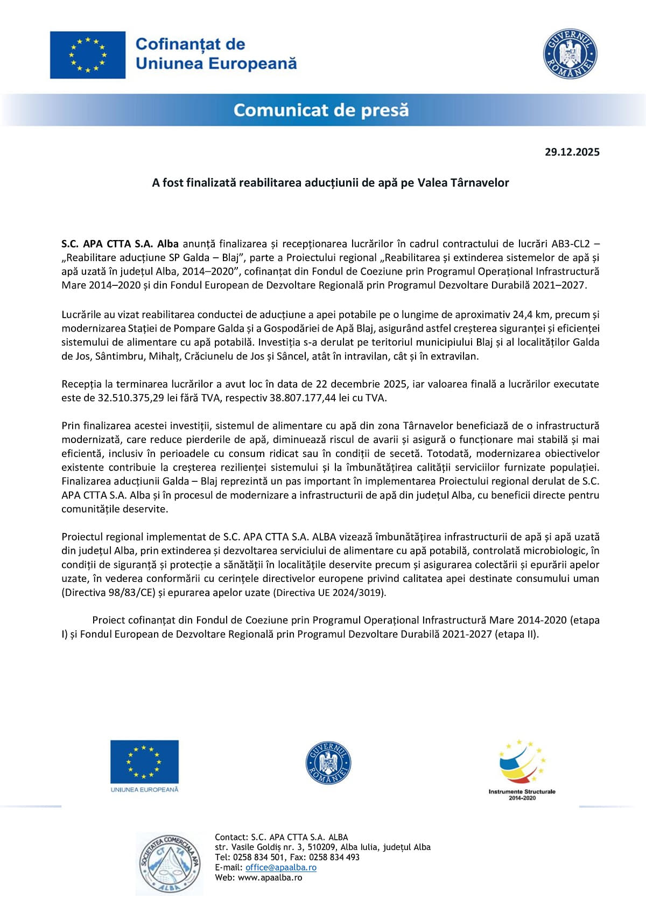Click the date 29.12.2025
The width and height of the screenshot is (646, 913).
coord(572,152)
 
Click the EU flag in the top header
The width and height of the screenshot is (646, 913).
coord(88,55)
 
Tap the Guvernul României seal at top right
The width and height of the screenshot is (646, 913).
coord(570,54)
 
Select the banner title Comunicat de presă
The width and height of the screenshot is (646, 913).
coord(321,110)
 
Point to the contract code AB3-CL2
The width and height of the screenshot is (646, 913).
coord(571,244)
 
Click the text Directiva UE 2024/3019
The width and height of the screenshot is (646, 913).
coord(329,593)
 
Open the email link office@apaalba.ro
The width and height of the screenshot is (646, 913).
coord(280,867)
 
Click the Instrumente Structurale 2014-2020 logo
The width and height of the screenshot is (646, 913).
coord(522,769)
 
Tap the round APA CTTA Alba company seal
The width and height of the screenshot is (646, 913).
coord(169,863)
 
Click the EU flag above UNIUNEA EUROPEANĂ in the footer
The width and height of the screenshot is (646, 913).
coord(144,761)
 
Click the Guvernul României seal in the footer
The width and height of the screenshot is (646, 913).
coord(328,763)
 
